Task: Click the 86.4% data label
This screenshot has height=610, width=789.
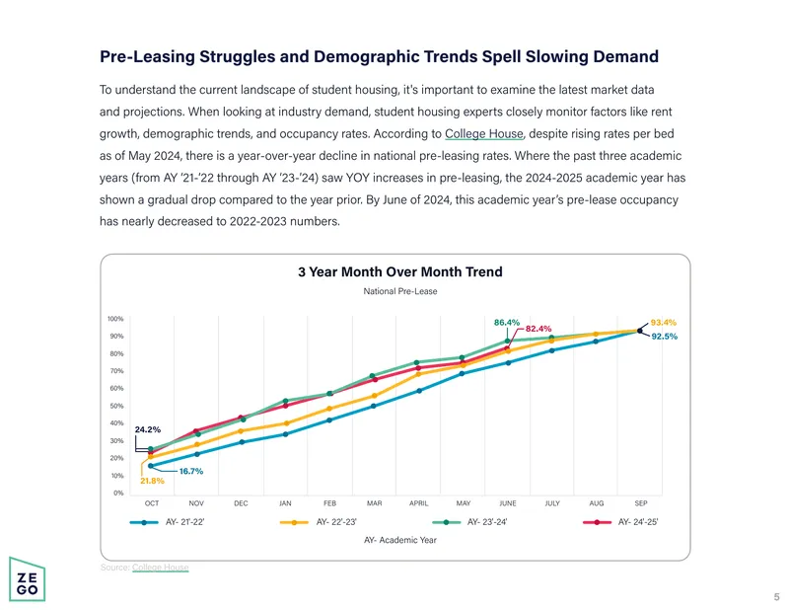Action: (507, 323)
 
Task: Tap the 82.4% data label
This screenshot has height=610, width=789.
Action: (538, 329)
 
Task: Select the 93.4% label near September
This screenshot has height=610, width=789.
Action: (663, 323)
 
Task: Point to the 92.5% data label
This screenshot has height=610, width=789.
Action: (664, 337)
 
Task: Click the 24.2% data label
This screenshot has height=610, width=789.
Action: (147, 429)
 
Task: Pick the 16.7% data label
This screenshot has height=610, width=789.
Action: (191, 472)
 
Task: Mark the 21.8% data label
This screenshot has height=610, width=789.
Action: (152, 481)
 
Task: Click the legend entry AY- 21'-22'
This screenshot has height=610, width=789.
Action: (167, 522)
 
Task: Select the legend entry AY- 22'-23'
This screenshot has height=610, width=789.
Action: (318, 522)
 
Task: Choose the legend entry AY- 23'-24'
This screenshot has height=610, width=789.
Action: (469, 522)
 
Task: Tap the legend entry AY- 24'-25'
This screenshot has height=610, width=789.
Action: (620, 522)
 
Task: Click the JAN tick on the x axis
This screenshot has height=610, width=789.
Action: (285, 503)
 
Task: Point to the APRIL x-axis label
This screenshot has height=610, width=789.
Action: (418, 503)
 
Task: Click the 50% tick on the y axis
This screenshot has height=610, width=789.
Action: (116, 406)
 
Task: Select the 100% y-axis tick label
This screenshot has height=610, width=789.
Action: (115, 319)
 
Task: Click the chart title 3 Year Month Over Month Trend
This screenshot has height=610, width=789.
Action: (400, 272)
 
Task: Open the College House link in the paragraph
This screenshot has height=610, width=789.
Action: (484, 134)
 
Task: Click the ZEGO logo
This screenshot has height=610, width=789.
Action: (28, 579)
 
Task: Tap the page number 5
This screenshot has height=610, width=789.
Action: (776, 597)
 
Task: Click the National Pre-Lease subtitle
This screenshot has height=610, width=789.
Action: (400, 291)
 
